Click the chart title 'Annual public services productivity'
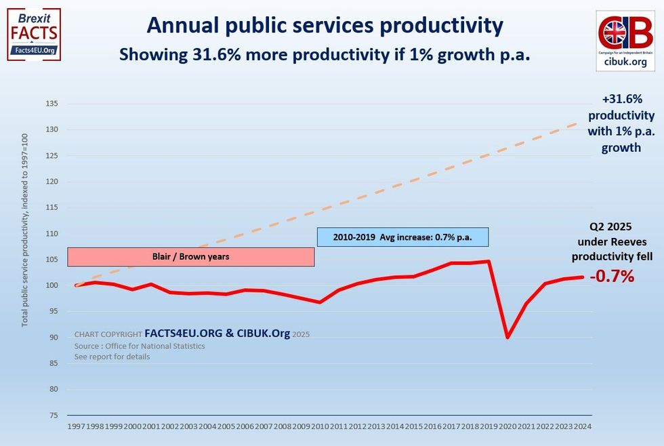[x=325, y=25]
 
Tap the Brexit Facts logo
[x=33, y=35]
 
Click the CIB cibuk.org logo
[x=625, y=40]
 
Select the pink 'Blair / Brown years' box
[x=191, y=257]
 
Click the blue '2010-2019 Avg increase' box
[x=402, y=237]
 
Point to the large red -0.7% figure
[x=612, y=277]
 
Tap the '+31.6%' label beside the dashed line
[x=621, y=98]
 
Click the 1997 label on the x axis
[x=76, y=427]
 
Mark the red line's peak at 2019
[x=489, y=261]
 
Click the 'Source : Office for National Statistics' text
[x=140, y=346]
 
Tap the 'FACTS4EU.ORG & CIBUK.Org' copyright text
[x=217, y=333]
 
